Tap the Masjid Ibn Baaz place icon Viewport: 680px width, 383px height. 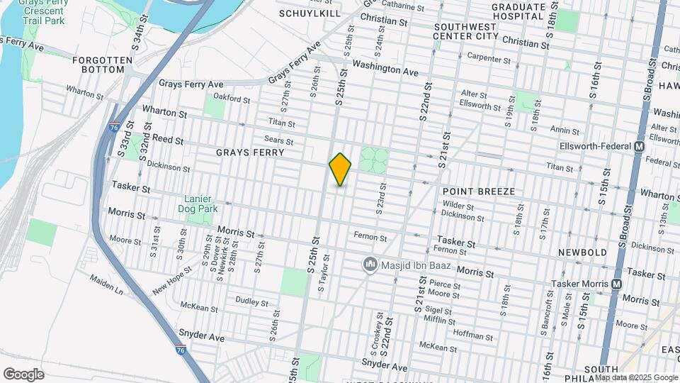pyautogui.click(x=369, y=265)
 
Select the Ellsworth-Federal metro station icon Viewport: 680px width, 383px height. pyautogui.click(x=640, y=147)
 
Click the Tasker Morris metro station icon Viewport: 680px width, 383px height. pyautogui.click(x=616, y=284)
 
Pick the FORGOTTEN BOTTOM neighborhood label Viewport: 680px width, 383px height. pyautogui.click(x=103, y=65)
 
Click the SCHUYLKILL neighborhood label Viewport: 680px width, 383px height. pyautogui.click(x=310, y=13)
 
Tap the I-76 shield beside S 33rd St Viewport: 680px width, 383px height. pyautogui.click(x=115, y=127)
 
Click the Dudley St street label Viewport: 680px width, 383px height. pyautogui.click(x=251, y=301)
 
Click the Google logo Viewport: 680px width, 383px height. pyautogui.click(x=23, y=374)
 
